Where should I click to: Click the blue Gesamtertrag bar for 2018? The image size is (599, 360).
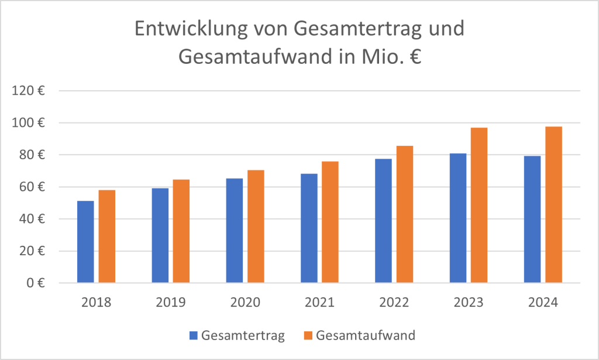(x=85, y=242)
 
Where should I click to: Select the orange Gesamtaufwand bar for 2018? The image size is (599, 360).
(x=107, y=236)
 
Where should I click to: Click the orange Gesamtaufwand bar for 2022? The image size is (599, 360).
(x=405, y=214)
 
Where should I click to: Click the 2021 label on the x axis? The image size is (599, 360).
(x=319, y=303)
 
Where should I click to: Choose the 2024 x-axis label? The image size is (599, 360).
(x=543, y=303)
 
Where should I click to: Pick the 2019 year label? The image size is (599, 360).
(x=170, y=303)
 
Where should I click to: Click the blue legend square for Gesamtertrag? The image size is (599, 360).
(x=194, y=335)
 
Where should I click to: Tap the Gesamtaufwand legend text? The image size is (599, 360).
(x=366, y=335)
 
